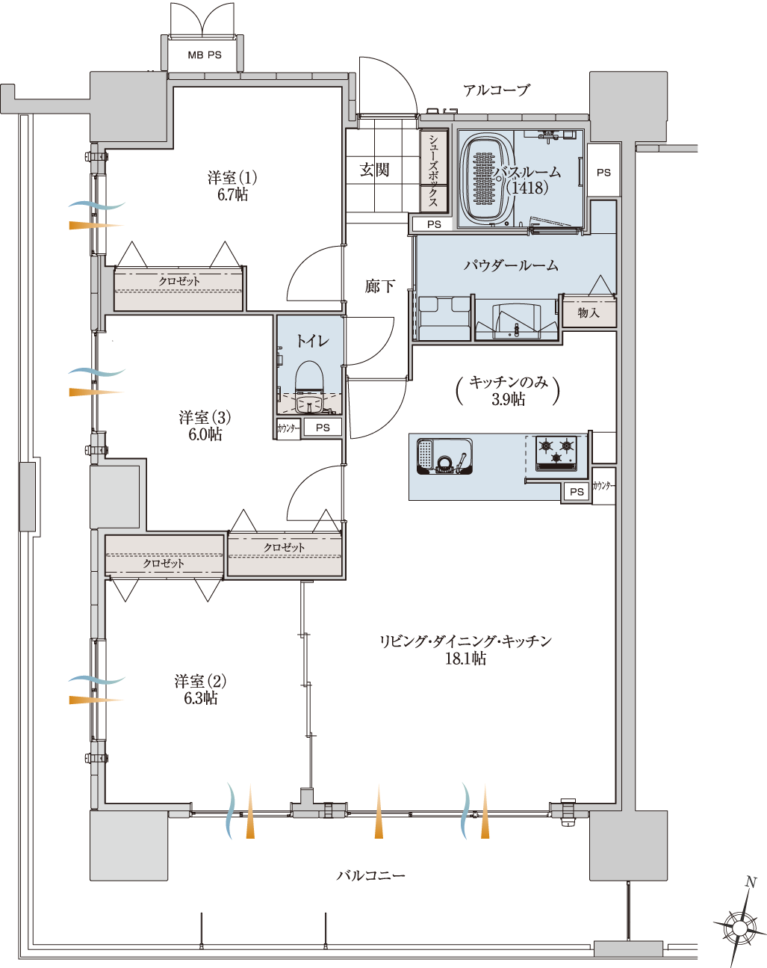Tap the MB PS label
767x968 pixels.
click(205, 55)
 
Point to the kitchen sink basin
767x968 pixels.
click(444, 456)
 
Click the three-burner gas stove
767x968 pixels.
click(556, 453)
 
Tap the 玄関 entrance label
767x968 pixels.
click(374, 170)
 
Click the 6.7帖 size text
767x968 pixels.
click(232, 195)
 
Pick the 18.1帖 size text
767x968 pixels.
click(466, 659)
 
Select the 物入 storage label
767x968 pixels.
click(589, 312)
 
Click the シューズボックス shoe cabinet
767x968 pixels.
click(433, 170)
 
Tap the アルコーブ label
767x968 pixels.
click(497, 90)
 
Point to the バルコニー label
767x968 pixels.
click(371, 875)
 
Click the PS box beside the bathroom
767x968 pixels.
click(603, 172)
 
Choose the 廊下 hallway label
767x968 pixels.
click(380, 286)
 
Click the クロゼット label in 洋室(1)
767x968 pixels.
click(179, 281)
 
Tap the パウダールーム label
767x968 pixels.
click(511, 265)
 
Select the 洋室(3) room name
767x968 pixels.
click(205, 417)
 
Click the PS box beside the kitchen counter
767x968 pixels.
click(577, 492)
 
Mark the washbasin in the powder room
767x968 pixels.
click(516, 321)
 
